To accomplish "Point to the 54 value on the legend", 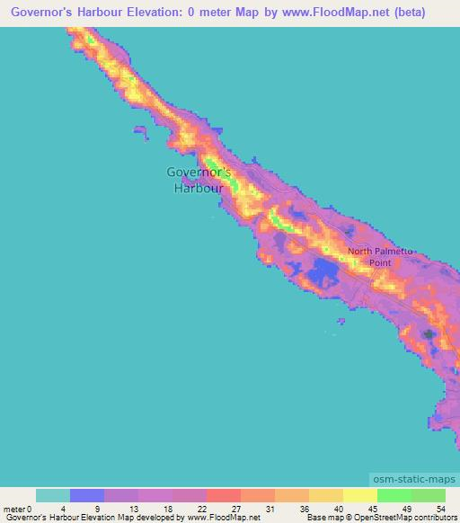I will [439, 509].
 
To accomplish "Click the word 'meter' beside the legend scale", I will [15, 509].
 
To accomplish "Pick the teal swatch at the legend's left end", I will [53, 495].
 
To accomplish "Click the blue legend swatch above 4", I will [87, 495].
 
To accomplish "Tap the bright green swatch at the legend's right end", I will [429, 495].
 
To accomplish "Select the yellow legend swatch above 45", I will [360, 495].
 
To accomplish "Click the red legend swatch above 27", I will [224, 495].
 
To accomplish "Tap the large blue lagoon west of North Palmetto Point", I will [321, 269].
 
